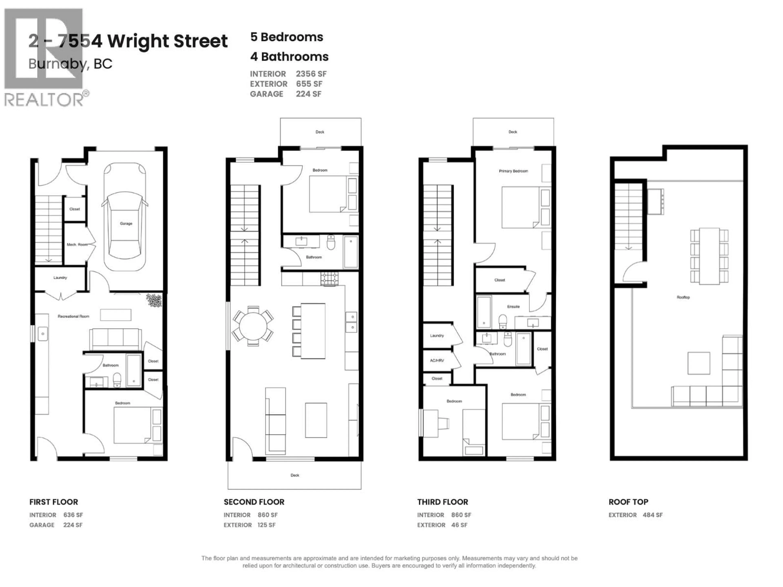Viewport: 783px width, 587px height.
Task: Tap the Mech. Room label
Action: [x=77, y=245]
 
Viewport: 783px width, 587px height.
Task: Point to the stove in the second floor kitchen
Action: [x=329, y=279]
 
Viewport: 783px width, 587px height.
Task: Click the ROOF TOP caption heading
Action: [x=628, y=502]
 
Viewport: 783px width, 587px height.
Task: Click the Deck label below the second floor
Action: [x=295, y=475]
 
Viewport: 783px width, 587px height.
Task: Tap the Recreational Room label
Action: [x=73, y=316]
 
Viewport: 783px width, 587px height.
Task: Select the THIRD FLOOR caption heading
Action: [x=442, y=502]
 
